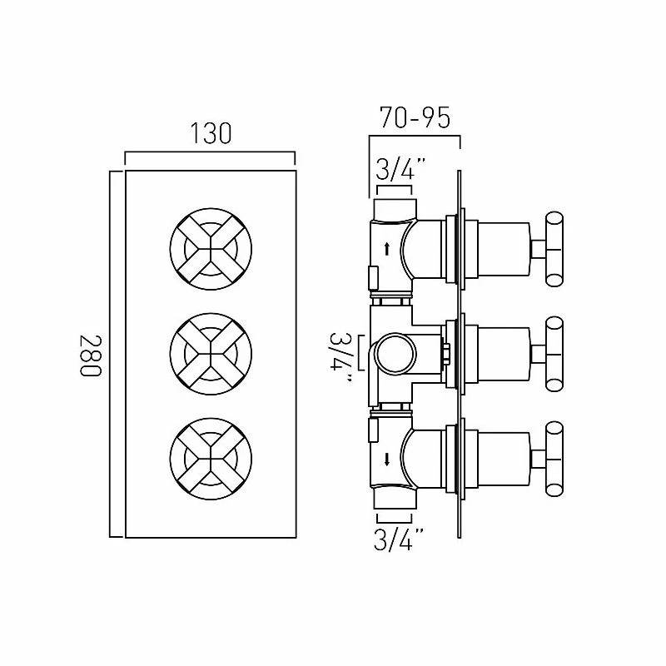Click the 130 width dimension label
pos(211,133)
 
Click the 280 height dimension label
pos(91,355)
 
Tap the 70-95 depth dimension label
pos(415,117)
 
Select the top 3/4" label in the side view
pos(400,168)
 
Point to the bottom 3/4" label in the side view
pos(399,539)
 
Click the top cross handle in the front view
pos(211,249)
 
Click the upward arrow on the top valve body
pos(387,249)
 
